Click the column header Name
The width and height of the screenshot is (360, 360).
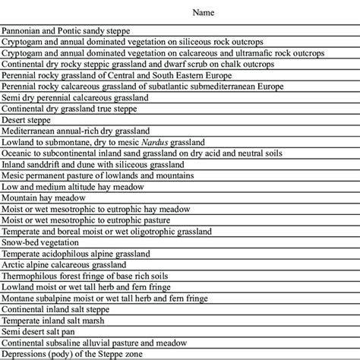pyautogui.click(x=202, y=13)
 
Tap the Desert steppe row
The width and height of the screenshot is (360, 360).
pyautogui.click(x=24, y=119)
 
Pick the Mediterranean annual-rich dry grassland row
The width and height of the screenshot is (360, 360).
pyautogui.click(x=75, y=131)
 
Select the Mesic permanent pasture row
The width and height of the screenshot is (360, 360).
pyautogui.click(x=84, y=175)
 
